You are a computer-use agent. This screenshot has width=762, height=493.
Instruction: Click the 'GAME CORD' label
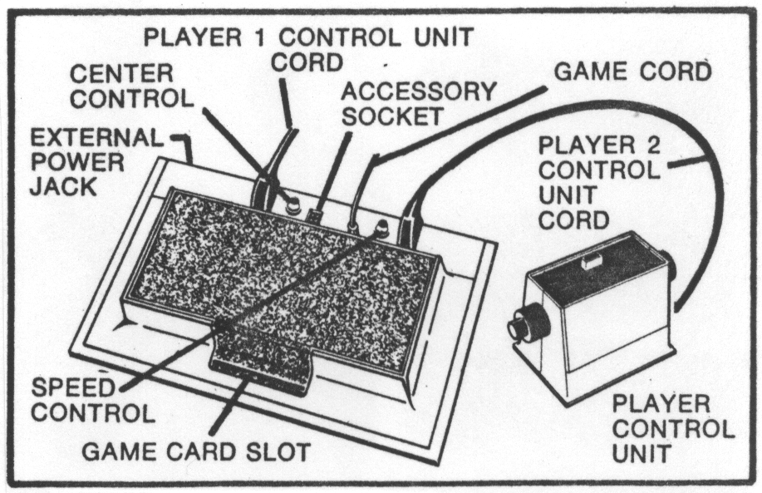(x=632, y=71)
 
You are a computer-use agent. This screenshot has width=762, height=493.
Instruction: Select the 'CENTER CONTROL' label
(x=131, y=86)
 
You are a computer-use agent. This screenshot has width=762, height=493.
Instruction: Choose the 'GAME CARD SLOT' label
(x=195, y=452)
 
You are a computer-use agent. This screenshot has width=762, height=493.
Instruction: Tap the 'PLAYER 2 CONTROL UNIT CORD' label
(x=599, y=180)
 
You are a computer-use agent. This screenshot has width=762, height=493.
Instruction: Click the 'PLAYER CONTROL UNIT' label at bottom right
(x=672, y=430)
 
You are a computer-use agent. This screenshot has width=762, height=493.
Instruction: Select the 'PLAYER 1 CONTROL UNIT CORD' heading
(x=307, y=47)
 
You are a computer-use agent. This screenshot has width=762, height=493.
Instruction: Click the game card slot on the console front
(x=249, y=366)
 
